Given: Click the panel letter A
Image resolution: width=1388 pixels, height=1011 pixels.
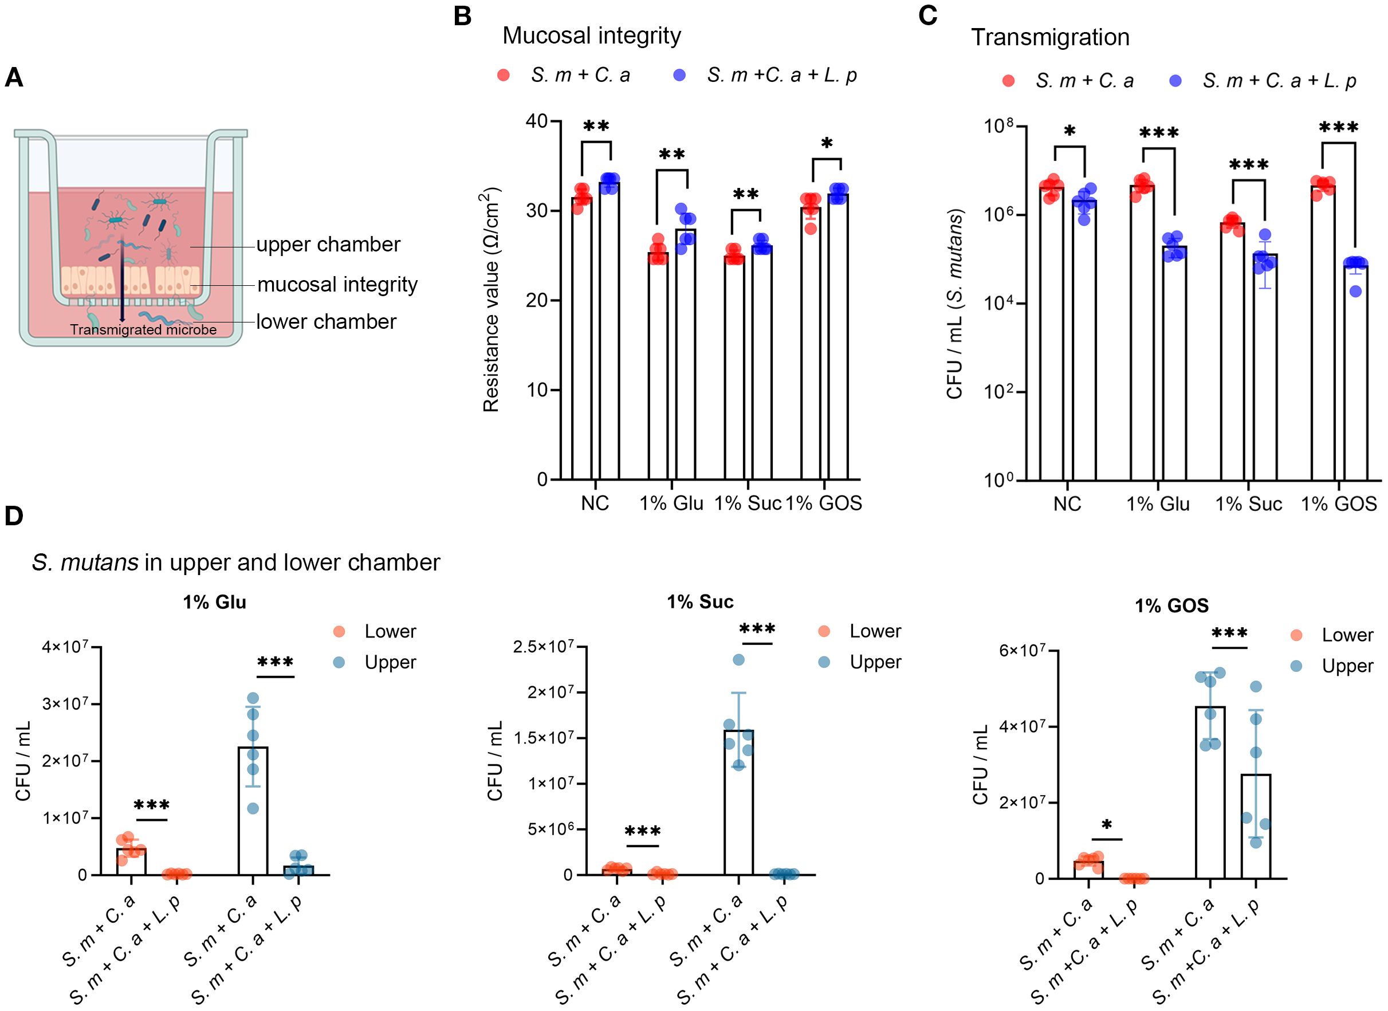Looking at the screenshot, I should tap(14, 78).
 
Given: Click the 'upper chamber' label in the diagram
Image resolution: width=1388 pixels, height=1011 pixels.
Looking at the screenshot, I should tap(328, 245).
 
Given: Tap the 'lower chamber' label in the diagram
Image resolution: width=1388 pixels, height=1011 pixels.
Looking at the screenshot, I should tap(326, 322).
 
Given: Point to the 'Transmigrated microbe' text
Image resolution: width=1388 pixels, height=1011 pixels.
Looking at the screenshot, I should tap(143, 330).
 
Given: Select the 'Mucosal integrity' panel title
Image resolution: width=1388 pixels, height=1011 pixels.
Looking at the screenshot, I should tap(591, 36).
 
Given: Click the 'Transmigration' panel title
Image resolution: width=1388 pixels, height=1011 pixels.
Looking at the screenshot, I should tap(1050, 37).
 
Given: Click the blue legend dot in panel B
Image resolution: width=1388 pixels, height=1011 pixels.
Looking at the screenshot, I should tap(679, 75).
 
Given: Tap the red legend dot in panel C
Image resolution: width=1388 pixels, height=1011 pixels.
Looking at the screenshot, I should tap(1009, 81).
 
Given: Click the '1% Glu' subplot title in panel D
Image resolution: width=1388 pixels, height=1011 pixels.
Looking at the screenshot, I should tap(214, 602).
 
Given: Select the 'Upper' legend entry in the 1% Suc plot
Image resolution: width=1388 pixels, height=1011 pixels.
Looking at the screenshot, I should tap(875, 662).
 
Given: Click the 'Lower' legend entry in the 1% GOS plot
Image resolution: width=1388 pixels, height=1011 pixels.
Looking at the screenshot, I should tap(1347, 635).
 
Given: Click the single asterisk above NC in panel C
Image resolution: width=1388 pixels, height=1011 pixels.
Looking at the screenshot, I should tap(1069, 132).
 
